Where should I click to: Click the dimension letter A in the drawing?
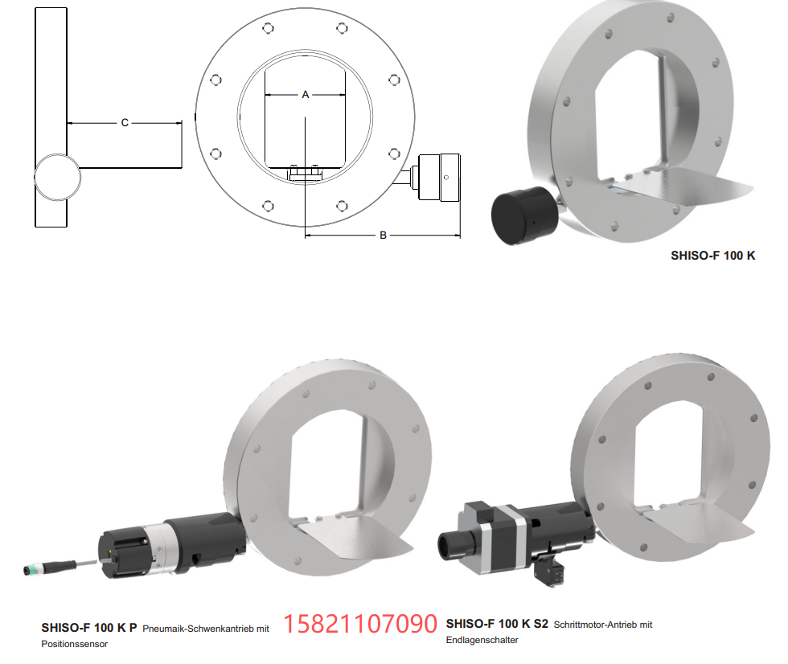305,94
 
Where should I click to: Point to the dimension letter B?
383,235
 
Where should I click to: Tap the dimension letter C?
125,122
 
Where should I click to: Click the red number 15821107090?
360,623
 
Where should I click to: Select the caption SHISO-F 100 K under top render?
712,256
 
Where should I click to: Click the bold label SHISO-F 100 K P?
89,628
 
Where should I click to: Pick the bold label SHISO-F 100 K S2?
497,624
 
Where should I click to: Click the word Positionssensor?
74,644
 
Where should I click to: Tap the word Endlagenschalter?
482,640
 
